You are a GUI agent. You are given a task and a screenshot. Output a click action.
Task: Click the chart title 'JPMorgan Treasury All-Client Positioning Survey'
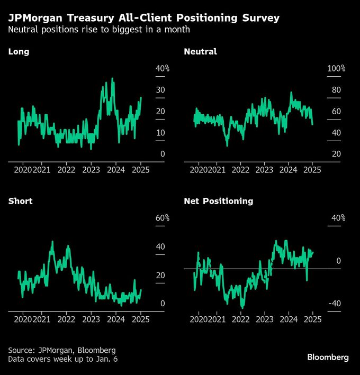(144, 18)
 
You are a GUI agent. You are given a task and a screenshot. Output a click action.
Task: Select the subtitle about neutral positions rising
(99, 30)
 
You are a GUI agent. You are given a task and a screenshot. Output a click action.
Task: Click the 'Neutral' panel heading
(200, 52)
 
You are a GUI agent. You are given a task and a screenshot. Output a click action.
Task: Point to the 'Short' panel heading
(20, 201)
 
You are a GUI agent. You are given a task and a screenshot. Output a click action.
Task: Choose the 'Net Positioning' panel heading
(218, 201)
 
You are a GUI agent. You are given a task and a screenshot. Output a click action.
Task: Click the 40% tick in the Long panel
(162, 69)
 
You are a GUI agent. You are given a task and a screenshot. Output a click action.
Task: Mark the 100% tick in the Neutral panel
(336, 69)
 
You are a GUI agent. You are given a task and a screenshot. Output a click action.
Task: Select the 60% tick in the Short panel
(162, 218)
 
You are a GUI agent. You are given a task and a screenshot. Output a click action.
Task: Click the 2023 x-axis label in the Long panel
(91, 170)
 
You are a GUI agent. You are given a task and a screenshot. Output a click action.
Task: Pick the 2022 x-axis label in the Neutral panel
(240, 170)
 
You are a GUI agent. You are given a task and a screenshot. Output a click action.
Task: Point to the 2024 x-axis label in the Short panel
(116, 319)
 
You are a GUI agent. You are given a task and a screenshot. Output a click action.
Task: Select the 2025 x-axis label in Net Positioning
(313, 319)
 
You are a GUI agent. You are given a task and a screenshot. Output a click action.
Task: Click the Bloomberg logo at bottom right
(328, 357)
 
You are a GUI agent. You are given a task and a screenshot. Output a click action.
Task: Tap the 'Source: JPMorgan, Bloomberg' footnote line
(61, 350)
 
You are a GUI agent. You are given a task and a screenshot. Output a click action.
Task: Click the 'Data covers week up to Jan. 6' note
(64, 360)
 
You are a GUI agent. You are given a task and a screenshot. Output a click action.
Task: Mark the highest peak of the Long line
(112, 79)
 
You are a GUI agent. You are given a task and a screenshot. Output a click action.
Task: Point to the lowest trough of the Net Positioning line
(242, 307)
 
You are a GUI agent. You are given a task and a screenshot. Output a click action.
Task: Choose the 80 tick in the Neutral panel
(336, 90)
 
